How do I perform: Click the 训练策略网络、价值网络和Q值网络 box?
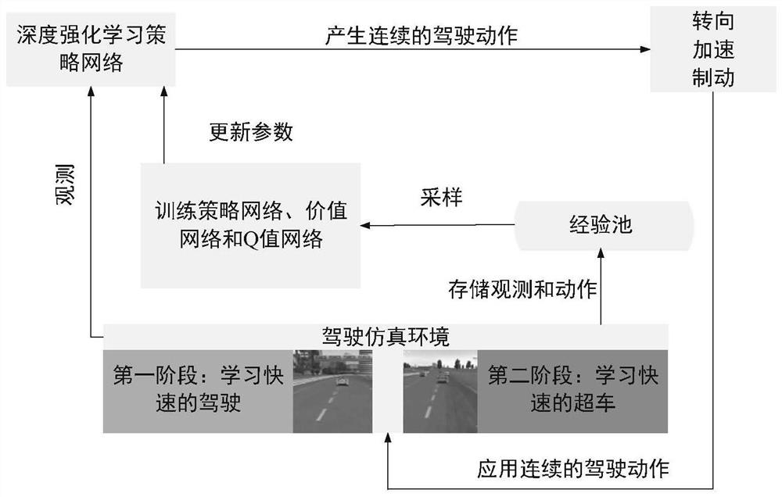250,225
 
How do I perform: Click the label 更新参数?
250,132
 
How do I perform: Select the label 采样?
439,198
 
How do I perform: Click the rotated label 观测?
66,184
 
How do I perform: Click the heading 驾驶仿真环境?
386,337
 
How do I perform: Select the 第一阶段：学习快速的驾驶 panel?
199,391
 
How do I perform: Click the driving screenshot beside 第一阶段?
332,391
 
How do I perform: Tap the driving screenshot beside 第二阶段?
439,391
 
